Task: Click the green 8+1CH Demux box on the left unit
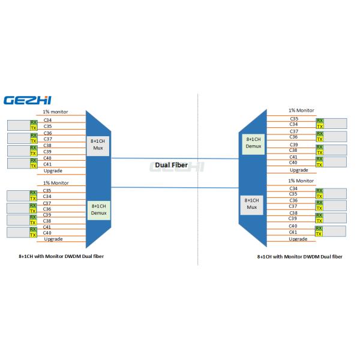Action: (98, 211)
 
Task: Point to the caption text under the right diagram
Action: (300, 256)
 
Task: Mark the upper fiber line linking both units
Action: (174, 158)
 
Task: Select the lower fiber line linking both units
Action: (174, 188)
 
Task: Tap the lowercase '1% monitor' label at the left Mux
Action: (56, 112)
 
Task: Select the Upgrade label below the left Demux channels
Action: (53, 239)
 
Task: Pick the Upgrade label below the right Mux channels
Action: (298, 239)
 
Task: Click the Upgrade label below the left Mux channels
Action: (53, 171)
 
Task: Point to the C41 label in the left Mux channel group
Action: (48, 164)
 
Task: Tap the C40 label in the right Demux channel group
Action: (294, 162)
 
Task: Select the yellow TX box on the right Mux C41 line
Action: (319, 233)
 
